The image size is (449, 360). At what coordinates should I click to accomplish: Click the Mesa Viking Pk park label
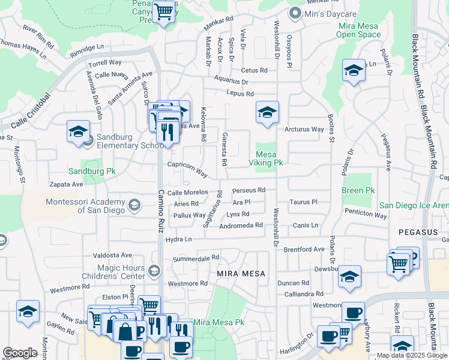point(266,158)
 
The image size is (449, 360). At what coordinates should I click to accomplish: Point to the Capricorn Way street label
point(187,169)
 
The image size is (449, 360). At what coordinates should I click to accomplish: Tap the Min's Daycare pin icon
point(295,13)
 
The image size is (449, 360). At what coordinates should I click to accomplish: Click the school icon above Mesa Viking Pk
point(267,112)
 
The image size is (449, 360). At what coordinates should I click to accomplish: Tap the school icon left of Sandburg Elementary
point(78,131)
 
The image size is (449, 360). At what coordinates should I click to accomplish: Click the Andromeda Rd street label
point(241,226)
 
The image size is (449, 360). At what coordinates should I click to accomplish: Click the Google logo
point(20,353)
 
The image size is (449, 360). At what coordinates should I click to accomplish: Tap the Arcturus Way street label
point(304,129)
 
